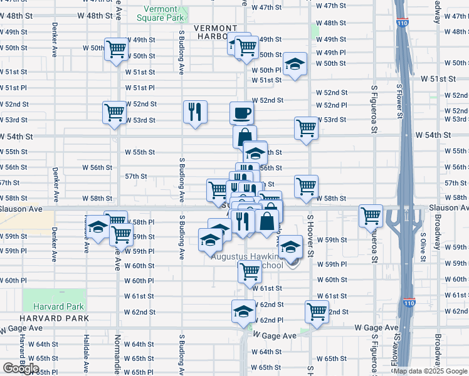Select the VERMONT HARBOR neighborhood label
click(x=215, y=32)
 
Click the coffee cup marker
click(x=242, y=113)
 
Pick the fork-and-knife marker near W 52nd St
click(x=195, y=112)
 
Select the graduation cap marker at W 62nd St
click(x=244, y=311)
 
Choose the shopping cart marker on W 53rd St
click(x=115, y=113)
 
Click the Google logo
click(x=21, y=368)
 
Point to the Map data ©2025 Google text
click(x=430, y=371)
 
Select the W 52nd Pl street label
click(x=332, y=105)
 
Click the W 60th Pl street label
click(x=139, y=281)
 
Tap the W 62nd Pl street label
click(x=271, y=320)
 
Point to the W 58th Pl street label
click(x=141, y=222)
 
